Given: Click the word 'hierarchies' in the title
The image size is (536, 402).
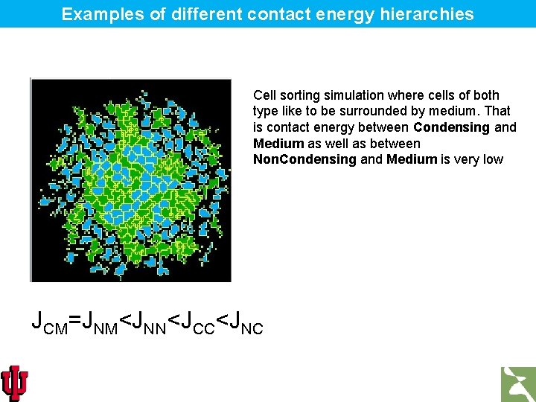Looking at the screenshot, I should click(433, 14).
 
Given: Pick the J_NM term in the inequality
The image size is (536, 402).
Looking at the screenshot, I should click(99, 322).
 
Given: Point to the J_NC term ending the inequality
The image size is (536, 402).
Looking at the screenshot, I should click(246, 322).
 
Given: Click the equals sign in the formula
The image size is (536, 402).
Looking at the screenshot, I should click(74, 322).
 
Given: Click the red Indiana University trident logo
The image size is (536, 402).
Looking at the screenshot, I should click(14, 383).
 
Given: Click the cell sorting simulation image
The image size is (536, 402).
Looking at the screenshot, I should click(130, 180).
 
